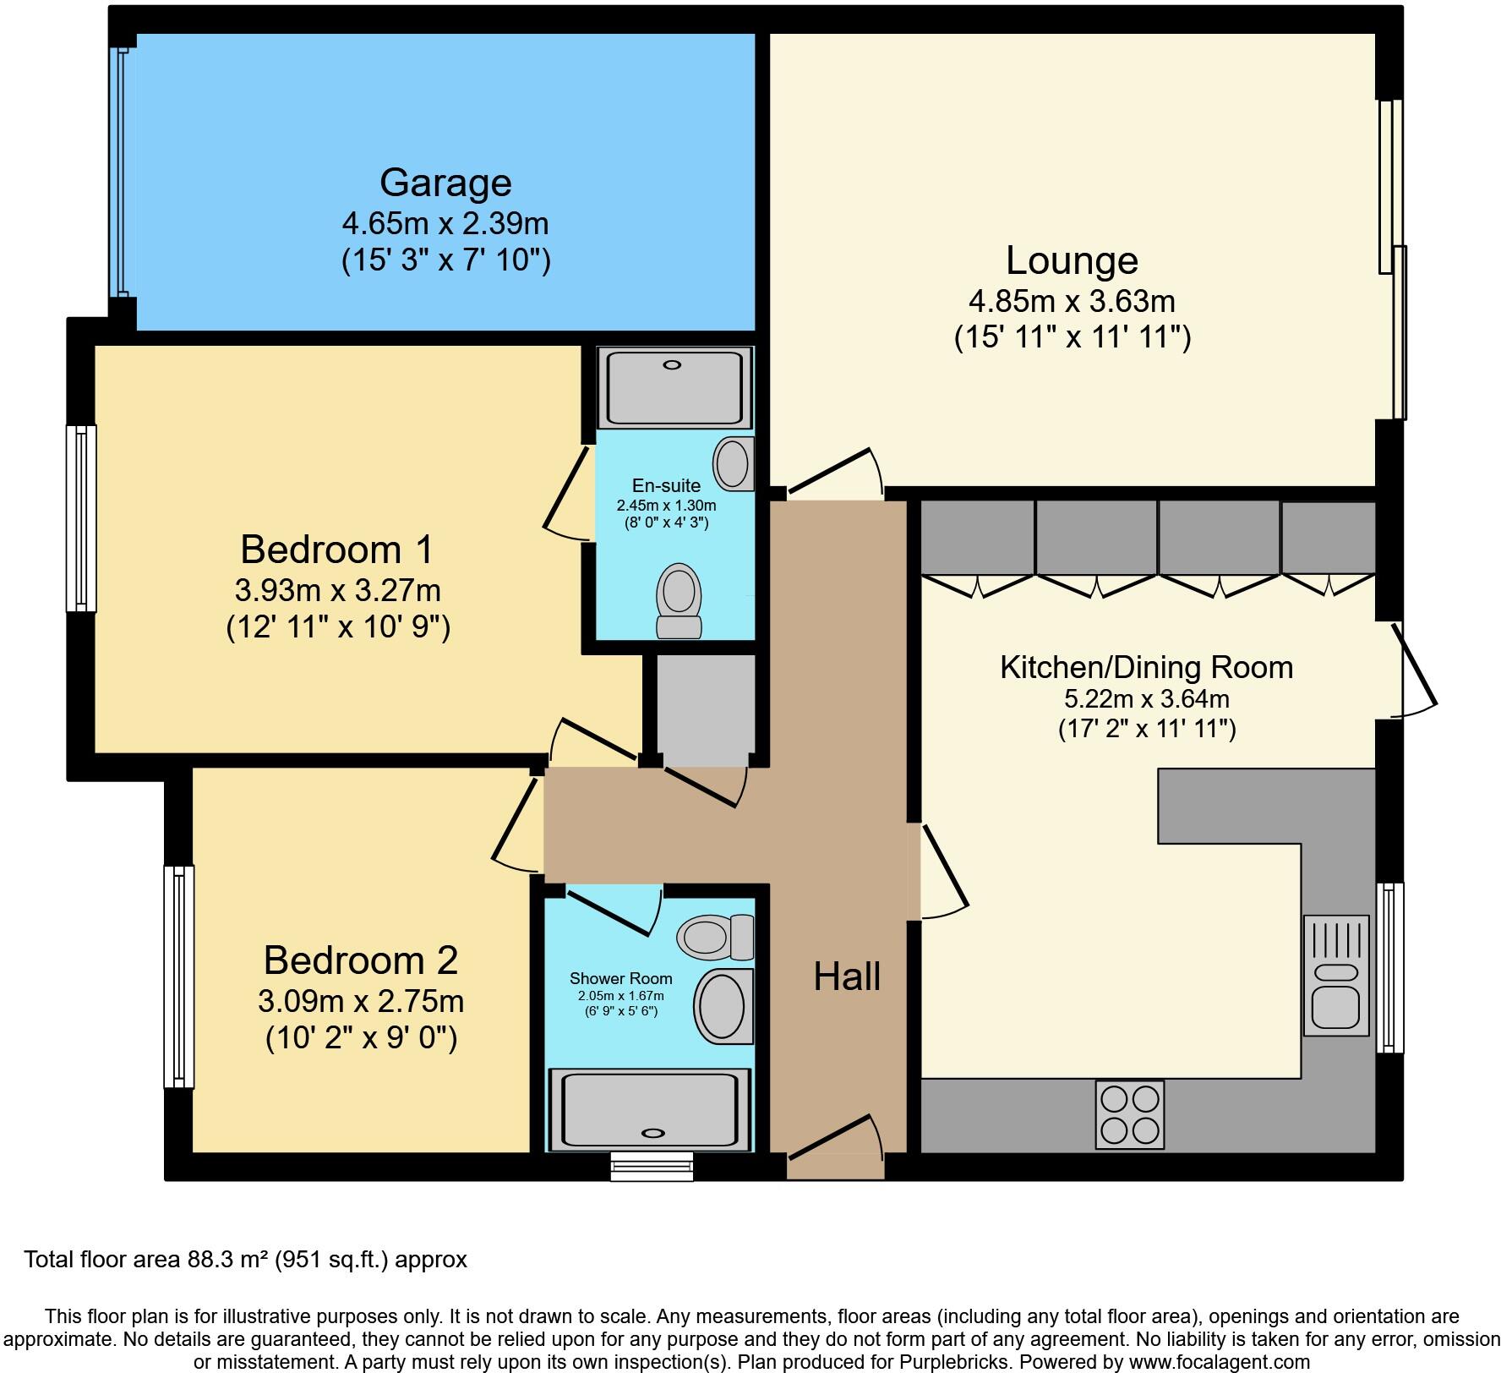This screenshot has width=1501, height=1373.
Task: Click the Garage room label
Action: [x=445, y=183]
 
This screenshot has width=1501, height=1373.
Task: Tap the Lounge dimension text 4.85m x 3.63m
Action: [x=1072, y=301]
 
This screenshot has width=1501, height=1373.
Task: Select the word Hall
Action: [x=847, y=976]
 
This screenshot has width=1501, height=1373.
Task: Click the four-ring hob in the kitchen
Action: [x=1130, y=1114]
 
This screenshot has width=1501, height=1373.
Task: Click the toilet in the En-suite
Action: [x=680, y=602]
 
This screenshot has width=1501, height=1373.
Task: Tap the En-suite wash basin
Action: [x=733, y=463]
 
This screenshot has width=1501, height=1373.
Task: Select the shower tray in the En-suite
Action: [x=674, y=389]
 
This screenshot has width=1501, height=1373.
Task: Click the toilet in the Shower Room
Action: [x=715, y=937]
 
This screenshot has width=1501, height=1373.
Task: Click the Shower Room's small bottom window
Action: [x=652, y=1167]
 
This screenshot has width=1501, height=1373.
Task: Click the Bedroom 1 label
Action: [x=336, y=550]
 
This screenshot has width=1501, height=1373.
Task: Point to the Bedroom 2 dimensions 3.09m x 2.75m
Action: [x=361, y=1002]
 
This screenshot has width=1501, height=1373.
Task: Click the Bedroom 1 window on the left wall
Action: [x=81, y=517]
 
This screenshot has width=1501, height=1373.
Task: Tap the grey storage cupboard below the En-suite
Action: [x=706, y=708]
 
